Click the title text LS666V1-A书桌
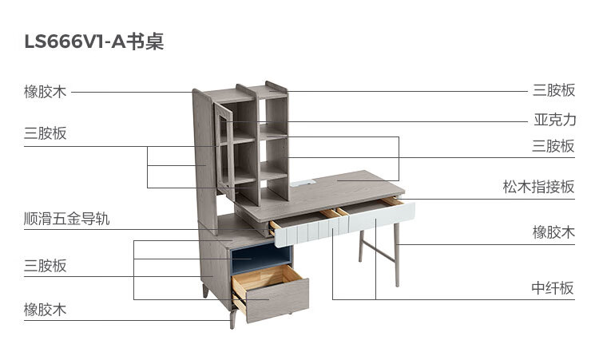[x=94, y=42]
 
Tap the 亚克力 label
[x=554, y=121]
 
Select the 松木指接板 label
[x=538, y=187]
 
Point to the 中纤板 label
[x=553, y=288]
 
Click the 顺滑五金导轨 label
[x=67, y=219]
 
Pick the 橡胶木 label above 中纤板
[x=553, y=232]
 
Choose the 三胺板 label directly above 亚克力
[x=553, y=90]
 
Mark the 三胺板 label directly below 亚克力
[x=553, y=146]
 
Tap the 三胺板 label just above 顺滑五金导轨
[x=45, y=133]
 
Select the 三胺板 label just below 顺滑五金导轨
[x=45, y=266]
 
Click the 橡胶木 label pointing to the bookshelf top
[x=45, y=91]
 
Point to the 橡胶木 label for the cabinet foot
[x=45, y=310]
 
